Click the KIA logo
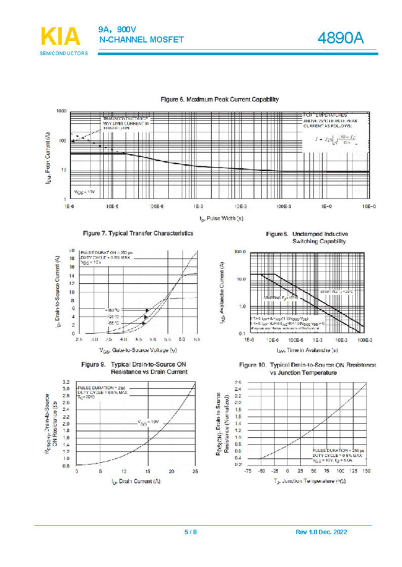pyautogui.click(x=61, y=36)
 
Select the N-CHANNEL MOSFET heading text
pyautogui.click(x=142, y=40)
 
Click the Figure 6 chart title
pyautogui.click(x=219, y=99)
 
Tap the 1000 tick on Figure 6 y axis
pyautogui.click(x=61, y=111)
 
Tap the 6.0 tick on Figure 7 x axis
pyautogui.click(x=182, y=339)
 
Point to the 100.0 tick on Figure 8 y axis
pyautogui.click(x=239, y=253)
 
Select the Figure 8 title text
pyautogui.click(x=307, y=237)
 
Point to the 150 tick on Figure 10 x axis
pyautogui.click(x=367, y=472)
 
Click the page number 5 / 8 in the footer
pyautogui.click(x=190, y=532)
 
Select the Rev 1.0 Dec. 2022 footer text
pyautogui.click(x=321, y=532)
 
